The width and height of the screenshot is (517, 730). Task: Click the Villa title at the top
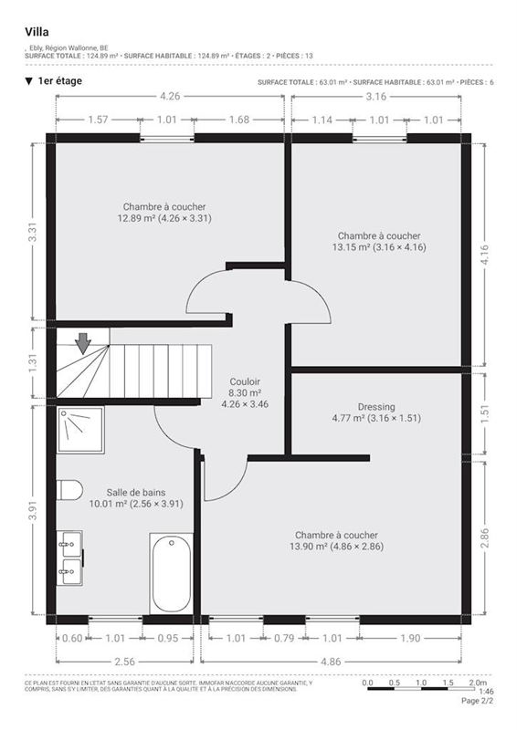coord(37,31)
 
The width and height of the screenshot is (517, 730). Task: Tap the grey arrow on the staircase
coord(83,343)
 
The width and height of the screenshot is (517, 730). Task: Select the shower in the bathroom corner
coord(80,430)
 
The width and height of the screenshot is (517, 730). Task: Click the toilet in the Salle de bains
coord(69,490)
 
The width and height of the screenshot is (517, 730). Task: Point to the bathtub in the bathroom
coord(171,573)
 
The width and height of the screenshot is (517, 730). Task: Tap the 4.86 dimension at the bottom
coord(335,660)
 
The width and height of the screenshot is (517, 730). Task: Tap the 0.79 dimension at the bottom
coord(284,638)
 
